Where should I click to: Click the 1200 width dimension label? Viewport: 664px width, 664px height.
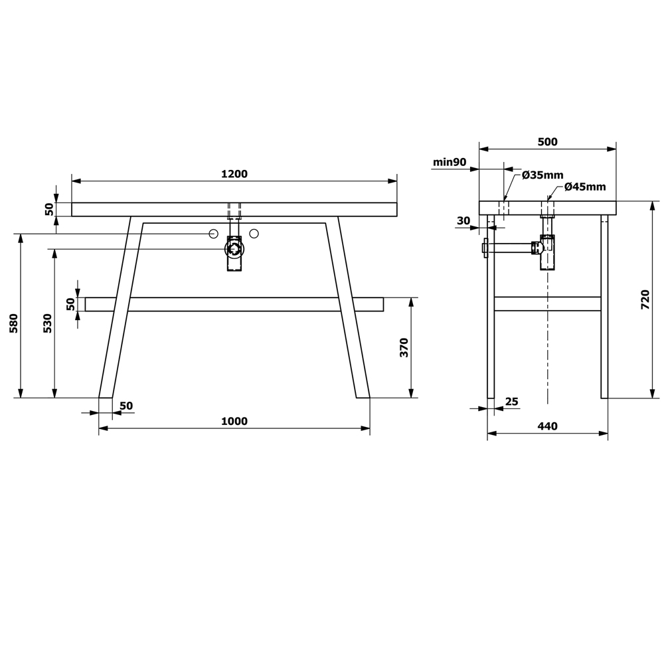tap(234, 173)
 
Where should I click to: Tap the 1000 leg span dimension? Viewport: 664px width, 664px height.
tap(234, 421)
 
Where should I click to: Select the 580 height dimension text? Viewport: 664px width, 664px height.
tap(14, 323)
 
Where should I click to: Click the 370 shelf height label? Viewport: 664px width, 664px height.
tap(404, 348)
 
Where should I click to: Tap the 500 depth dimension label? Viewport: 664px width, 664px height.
tap(548, 141)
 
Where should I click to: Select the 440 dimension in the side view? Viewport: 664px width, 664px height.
tap(548, 426)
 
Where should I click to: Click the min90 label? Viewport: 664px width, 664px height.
tap(450, 162)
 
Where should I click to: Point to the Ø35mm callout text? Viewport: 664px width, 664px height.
tap(542, 175)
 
